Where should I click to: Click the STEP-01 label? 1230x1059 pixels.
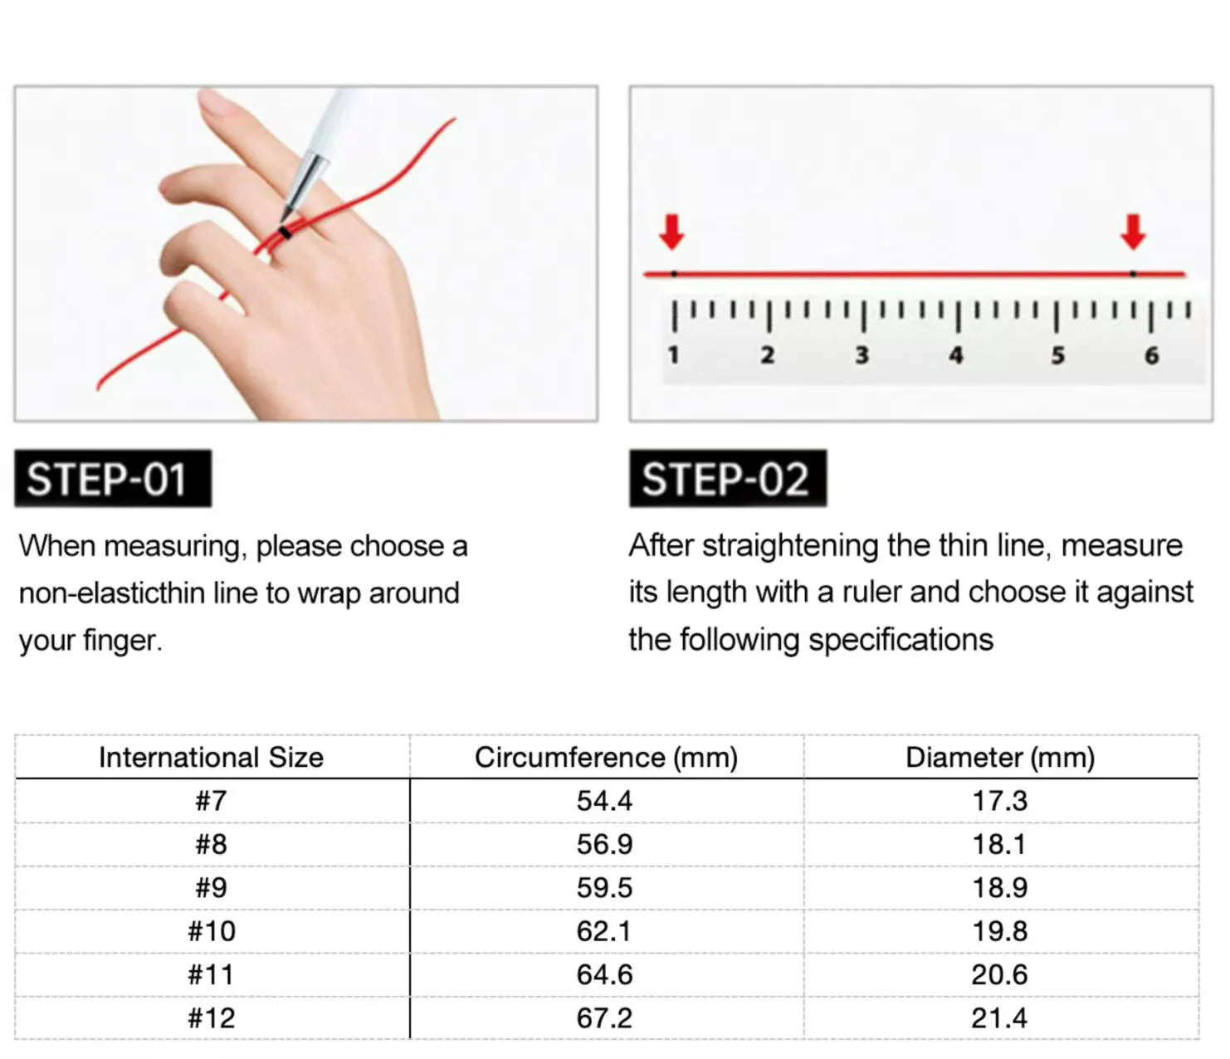tap(113, 479)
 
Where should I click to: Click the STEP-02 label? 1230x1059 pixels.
tap(728, 479)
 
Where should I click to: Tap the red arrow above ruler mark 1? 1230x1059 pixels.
tap(671, 232)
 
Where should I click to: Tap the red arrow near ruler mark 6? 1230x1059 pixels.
tap(1133, 232)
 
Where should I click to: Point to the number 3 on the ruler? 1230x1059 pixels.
tap(862, 355)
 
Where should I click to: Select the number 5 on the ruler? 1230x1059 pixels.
tap(1057, 355)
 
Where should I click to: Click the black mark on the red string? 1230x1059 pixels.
tap(285, 232)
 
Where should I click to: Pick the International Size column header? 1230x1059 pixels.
tap(212, 758)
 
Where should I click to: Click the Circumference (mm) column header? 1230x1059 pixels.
tap(606, 758)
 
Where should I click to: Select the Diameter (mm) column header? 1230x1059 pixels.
tap(1000, 758)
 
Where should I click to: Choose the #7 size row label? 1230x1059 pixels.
tap(212, 801)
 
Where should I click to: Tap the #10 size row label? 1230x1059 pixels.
tap(212, 931)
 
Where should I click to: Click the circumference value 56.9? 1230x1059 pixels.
tap(604, 844)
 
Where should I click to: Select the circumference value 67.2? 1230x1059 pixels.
tap(604, 1018)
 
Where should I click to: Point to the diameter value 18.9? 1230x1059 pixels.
tap(1000, 888)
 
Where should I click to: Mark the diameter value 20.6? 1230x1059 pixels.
tap(1000, 974)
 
